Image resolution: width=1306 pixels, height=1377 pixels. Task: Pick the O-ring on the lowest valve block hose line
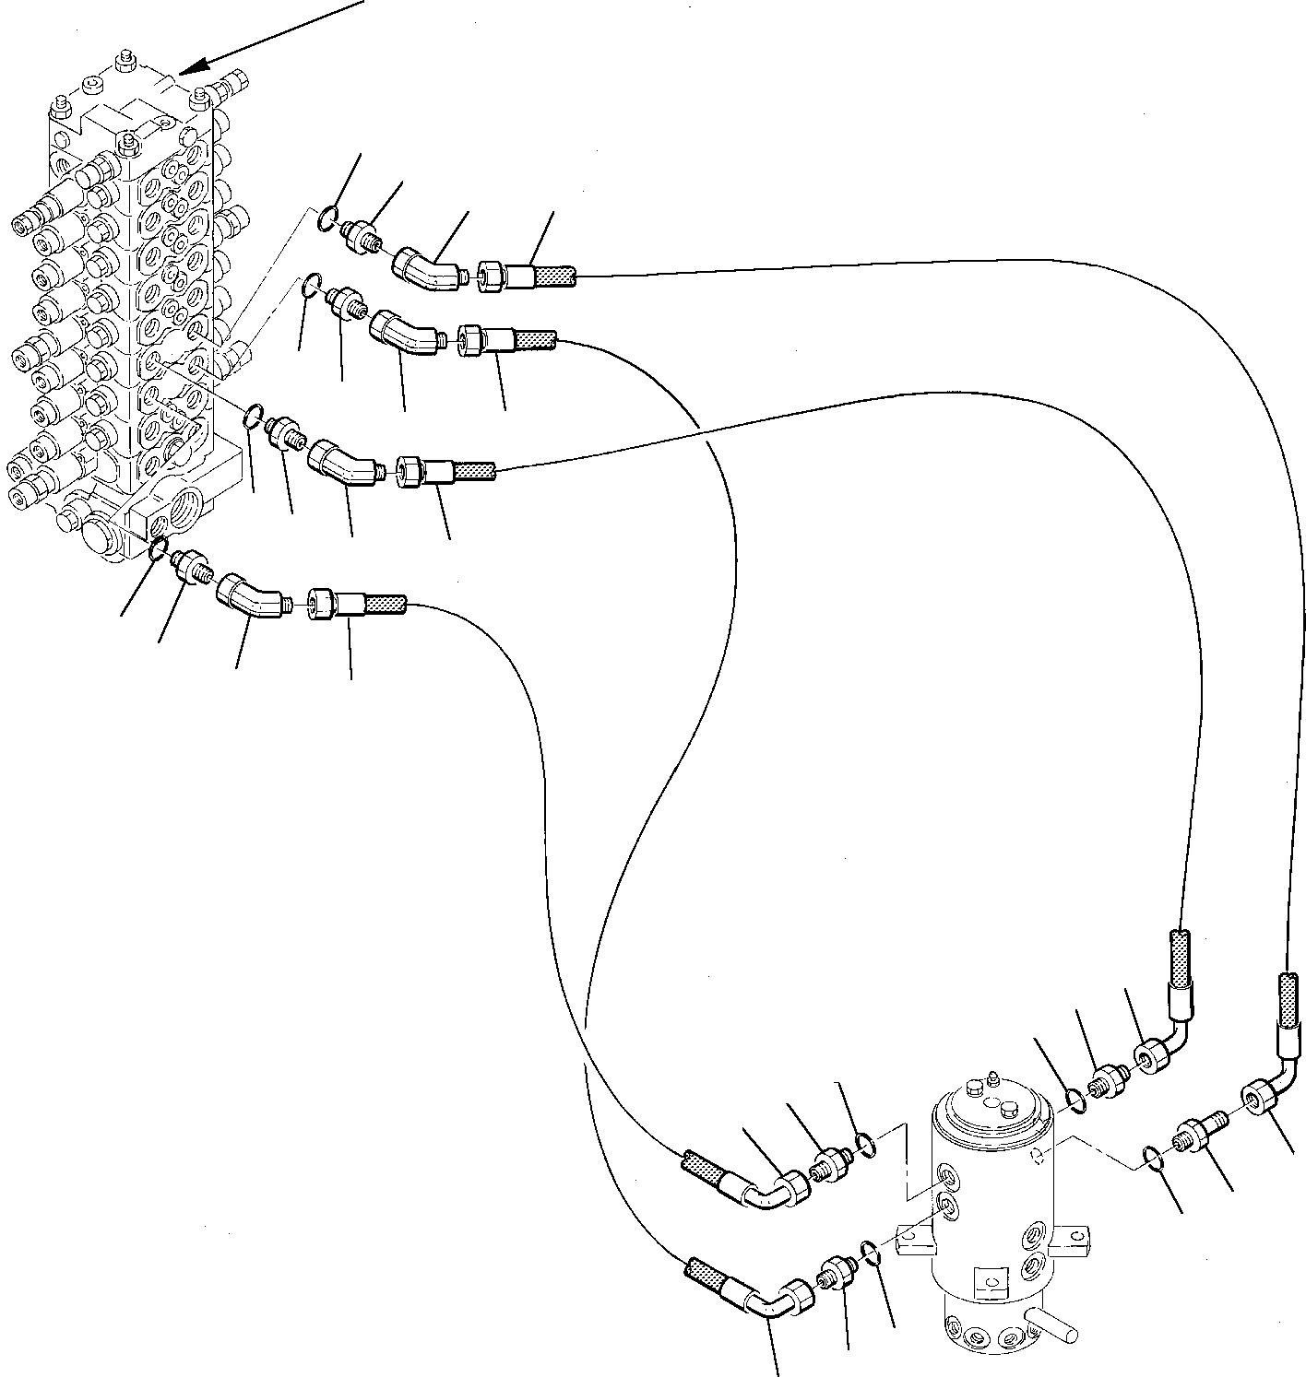pyautogui.click(x=159, y=549)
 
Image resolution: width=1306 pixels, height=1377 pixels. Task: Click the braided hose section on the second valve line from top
pyautogui.click(x=533, y=341)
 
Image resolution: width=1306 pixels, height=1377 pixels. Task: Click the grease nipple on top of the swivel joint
pyautogui.click(x=991, y=1077)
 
